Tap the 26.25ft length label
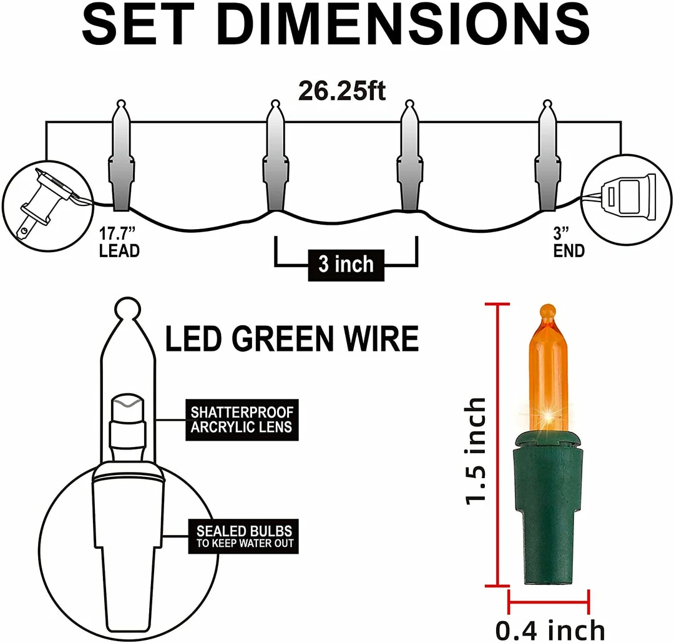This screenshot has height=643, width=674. pos(341,91)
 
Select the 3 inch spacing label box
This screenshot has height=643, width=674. pos(346,264)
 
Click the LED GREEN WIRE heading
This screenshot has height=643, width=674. pos(291,339)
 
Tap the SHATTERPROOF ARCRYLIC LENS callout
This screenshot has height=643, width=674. pos(242,420)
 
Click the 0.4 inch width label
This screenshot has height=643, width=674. pos(549,629)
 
